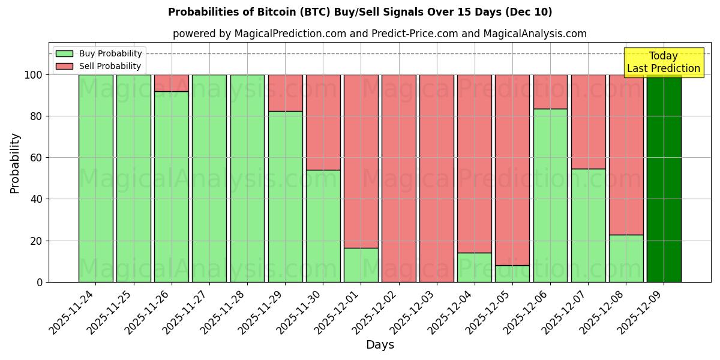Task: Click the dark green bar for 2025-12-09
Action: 664,180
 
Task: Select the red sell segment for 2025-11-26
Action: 172,83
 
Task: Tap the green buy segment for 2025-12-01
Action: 361,265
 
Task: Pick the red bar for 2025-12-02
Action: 399,180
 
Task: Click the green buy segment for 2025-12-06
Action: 550,195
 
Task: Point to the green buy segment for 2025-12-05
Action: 512,274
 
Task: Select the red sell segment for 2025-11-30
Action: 323,122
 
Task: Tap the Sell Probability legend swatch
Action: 64,66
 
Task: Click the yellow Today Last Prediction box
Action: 663,62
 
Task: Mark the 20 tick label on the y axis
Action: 37,241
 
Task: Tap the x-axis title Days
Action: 380,345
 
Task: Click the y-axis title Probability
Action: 15,163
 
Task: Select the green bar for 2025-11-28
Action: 247,178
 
